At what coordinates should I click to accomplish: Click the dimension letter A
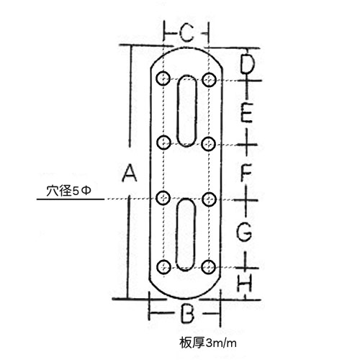click(x=130, y=173)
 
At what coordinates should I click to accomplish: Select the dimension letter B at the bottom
click(x=187, y=313)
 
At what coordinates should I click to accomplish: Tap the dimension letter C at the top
click(x=186, y=33)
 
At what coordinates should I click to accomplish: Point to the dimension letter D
click(x=247, y=65)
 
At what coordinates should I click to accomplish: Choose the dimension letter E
click(x=246, y=112)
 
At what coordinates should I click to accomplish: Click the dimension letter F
click(x=246, y=172)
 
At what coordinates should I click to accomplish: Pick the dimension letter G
click(x=244, y=231)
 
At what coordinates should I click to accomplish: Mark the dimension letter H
click(x=245, y=283)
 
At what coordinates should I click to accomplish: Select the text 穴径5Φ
click(x=68, y=191)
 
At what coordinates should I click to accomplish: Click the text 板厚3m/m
click(x=208, y=343)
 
